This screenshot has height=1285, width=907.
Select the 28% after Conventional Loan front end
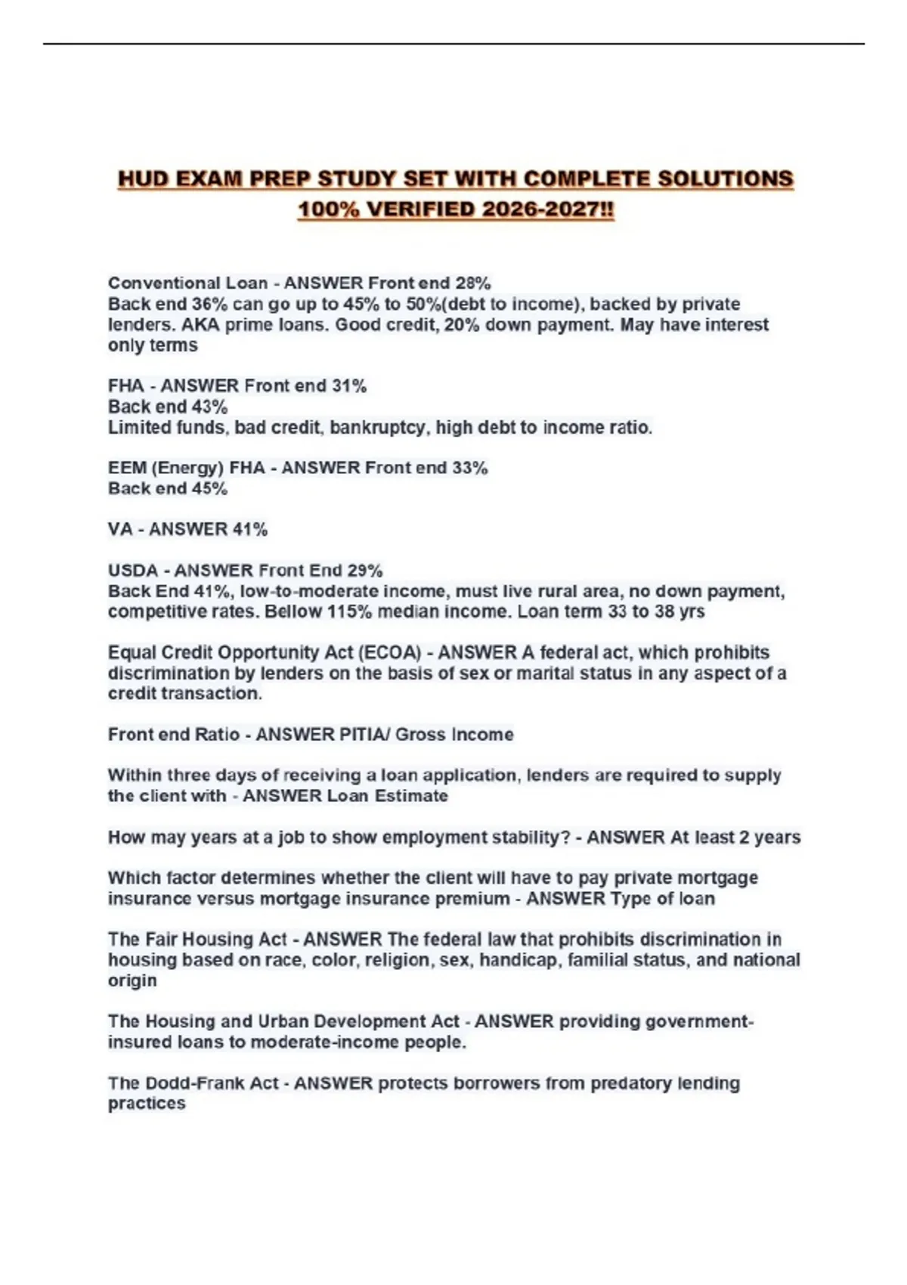tap(473, 283)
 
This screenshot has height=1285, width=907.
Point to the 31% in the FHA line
tap(349, 386)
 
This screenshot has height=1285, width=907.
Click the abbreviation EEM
tap(127, 469)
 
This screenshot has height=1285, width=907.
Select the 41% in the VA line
tap(250, 530)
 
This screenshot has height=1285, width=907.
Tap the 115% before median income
tap(349, 612)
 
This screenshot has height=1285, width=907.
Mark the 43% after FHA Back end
tap(209, 407)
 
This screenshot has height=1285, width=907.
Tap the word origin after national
tap(132, 980)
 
